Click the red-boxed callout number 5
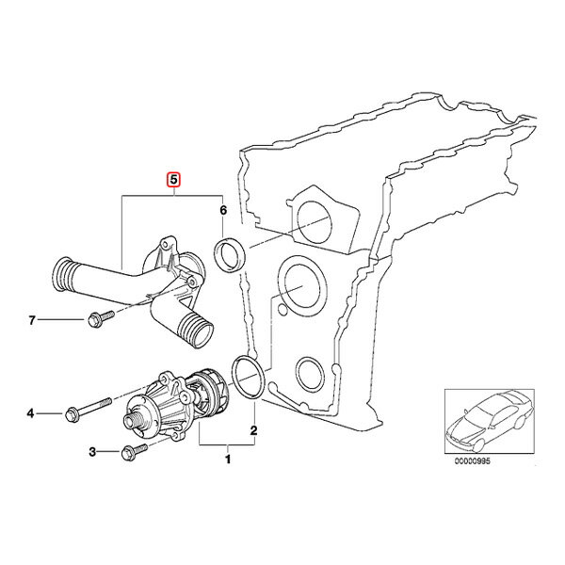tap(173, 180)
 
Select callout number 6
tap(223, 210)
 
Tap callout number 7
tap(32, 320)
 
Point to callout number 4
tap(31, 413)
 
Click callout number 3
tap(92, 452)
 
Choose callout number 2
tap(253, 430)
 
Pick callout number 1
tap(228, 460)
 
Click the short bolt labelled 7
tap(101, 318)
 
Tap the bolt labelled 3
tap(135, 452)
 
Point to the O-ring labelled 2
tap(249, 377)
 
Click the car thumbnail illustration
tap(489, 421)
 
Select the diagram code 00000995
tap(472, 461)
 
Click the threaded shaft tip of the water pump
tap(132, 420)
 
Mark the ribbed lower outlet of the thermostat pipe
tap(198, 331)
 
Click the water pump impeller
tap(208, 390)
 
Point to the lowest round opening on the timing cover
tap(309, 374)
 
